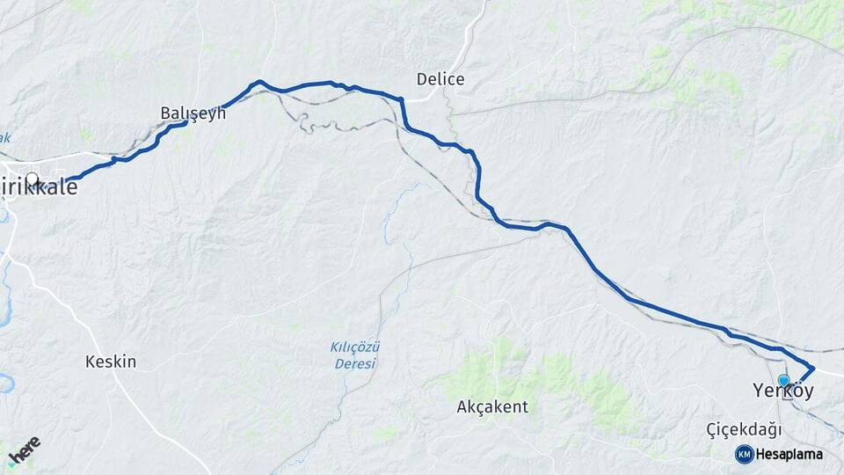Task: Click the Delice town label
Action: point(440,80)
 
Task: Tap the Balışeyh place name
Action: point(193,113)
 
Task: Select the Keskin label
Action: point(111,361)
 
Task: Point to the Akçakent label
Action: point(492,407)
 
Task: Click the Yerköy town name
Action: point(783,391)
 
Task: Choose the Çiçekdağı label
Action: point(744,429)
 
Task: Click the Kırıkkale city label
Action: point(39,187)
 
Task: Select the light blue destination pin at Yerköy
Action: point(783,381)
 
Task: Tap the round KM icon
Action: point(745,454)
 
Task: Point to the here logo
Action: point(25,450)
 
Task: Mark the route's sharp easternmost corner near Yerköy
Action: point(813,368)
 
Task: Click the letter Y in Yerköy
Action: point(759,391)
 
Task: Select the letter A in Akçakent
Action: point(462,407)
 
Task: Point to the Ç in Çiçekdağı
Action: point(712,429)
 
